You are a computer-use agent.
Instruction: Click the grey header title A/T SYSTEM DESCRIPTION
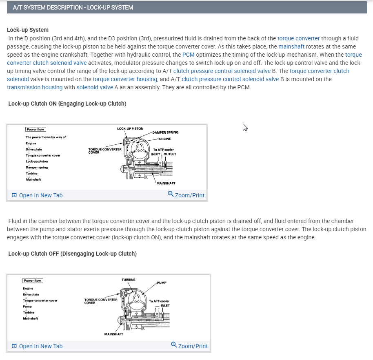(73, 8)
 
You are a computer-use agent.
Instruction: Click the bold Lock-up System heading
(28, 30)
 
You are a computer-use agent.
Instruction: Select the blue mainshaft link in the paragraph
(291, 46)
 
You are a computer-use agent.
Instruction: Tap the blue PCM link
(188, 55)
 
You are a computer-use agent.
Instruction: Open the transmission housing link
(35, 87)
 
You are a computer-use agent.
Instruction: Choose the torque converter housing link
(125, 79)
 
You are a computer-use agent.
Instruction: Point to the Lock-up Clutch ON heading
(67, 104)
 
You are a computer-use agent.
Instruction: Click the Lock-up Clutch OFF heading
(72, 254)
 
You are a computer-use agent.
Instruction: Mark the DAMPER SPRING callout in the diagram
(165, 133)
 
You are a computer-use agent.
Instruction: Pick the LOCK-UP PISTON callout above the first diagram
(130, 128)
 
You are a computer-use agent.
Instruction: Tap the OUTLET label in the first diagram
(170, 154)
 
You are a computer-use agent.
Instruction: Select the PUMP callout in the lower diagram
(161, 283)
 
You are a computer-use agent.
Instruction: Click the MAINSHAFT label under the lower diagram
(114, 334)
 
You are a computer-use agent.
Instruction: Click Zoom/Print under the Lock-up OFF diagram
(193, 346)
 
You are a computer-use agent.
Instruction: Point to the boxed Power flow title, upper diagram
(36, 129)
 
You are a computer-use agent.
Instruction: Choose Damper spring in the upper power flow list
(37, 168)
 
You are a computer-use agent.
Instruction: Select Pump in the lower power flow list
(27, 306)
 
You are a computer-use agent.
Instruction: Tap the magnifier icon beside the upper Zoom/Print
(171, 194)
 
